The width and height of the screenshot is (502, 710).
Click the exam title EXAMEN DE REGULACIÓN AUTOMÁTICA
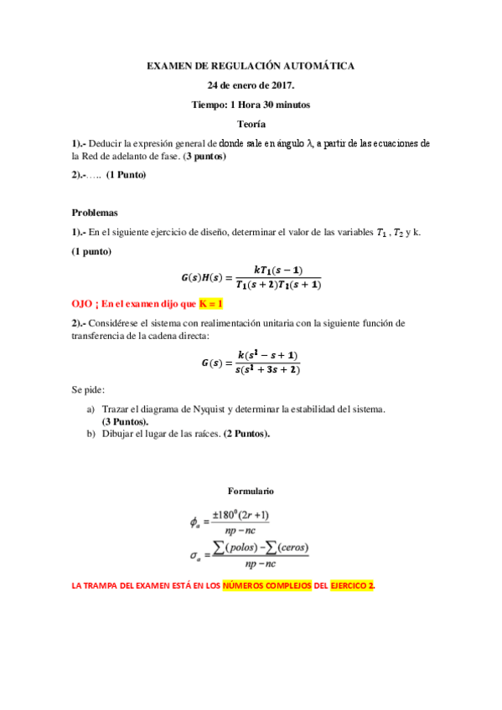click(251, 64)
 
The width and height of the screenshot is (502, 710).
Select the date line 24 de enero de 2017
click(251, 85)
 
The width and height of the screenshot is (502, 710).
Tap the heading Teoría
click(251, 125)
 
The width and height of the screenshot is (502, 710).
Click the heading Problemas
click(95, 213)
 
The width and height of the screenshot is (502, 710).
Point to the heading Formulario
click(251, 491)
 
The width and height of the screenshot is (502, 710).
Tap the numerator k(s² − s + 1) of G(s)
click(267, 355)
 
